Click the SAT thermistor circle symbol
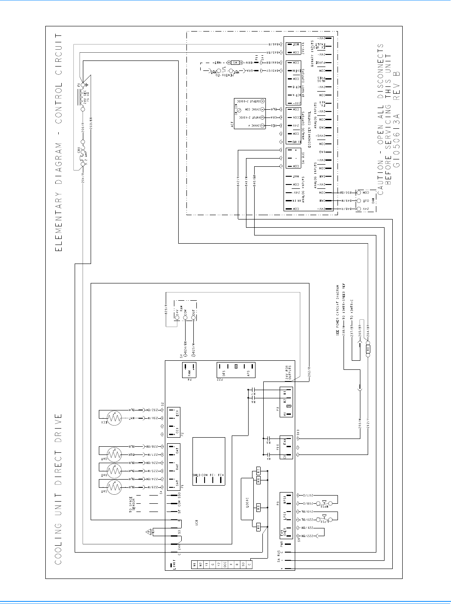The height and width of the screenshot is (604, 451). pyautogui.click(x=114, y=487)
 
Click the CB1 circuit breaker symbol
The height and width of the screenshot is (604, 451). pyautogui.click(x=82, y=157)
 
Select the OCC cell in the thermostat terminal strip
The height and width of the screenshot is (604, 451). pyautogui.click(x=225, y=564)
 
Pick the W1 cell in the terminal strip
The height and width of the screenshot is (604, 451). pyautogui.click(x=194, y=564)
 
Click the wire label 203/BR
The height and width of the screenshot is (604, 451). pyautogui.click(x=91, y=124)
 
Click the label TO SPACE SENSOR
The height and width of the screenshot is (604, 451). pyautogui.click(x=133, y=504)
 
